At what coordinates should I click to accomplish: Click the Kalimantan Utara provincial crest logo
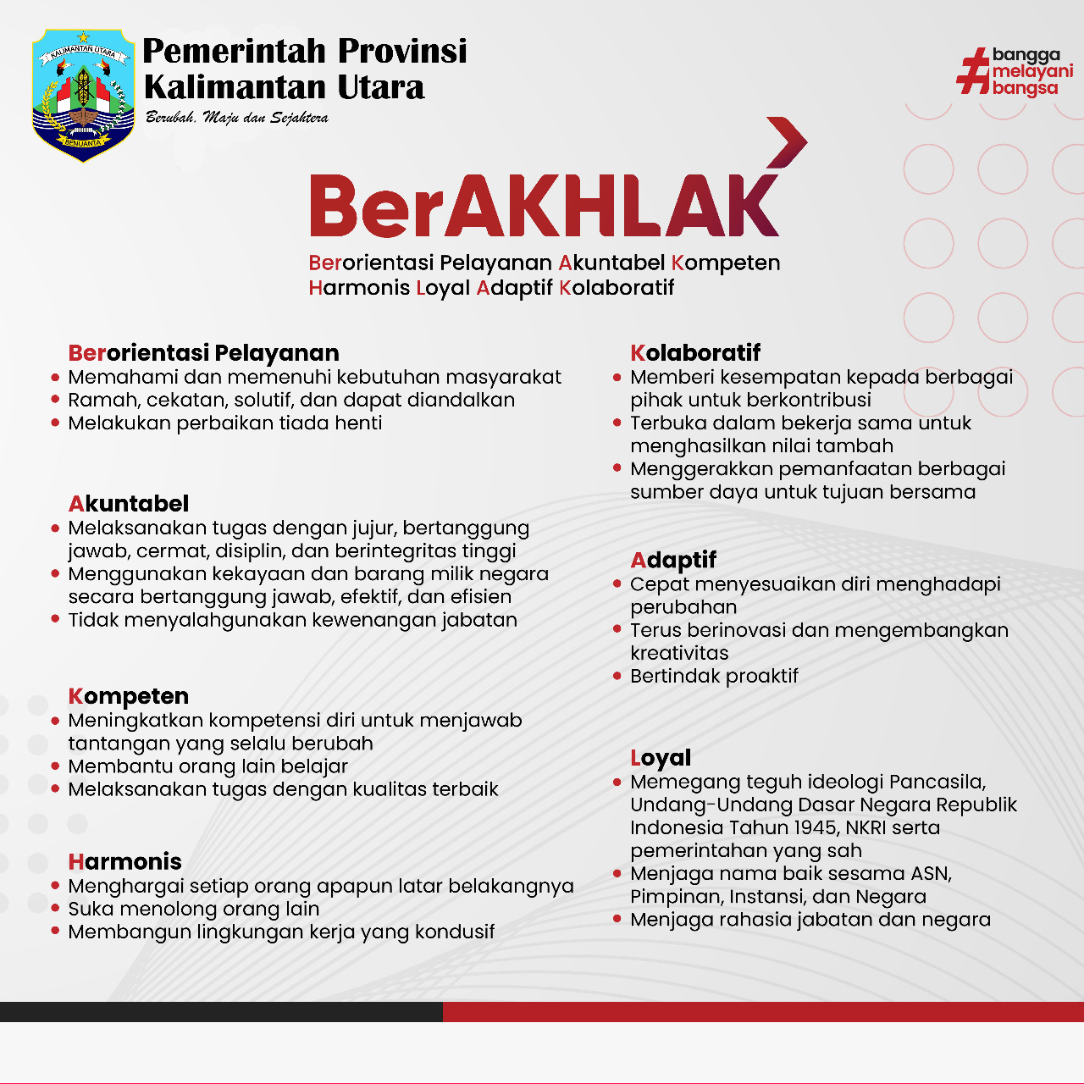pos(83,95)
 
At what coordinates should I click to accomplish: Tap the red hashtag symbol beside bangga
pos(974,71)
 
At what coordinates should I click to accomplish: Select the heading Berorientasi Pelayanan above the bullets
pos(203,353)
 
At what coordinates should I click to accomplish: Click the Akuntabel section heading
pos(129,504)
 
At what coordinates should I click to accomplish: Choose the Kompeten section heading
pos(129,696)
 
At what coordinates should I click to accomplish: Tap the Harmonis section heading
pos(125,862)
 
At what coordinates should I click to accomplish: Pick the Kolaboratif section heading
pos(695,353)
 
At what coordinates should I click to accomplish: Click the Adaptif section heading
pos(673,561)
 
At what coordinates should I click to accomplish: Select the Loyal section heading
pos(661,758)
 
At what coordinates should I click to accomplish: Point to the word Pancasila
pos(937,782)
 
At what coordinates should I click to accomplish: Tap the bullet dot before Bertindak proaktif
pos(617,676)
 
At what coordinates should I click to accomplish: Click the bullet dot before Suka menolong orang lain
pos(55,909)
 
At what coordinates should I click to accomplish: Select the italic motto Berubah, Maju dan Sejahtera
pos(237,118)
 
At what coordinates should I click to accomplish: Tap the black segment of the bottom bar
pos(220,1011)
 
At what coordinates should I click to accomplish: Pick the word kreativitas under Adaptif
pos(679,653)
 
